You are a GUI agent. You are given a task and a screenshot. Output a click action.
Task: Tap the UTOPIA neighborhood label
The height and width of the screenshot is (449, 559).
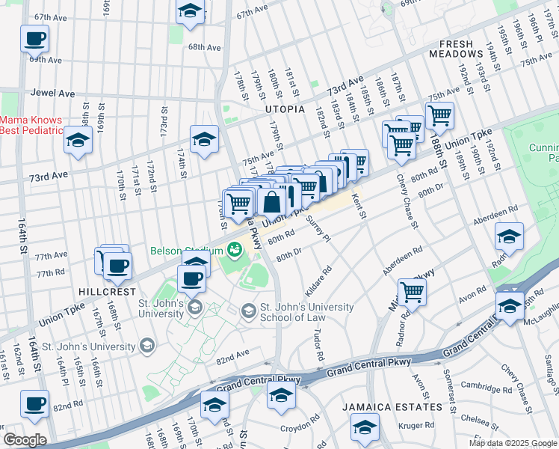coord(285,109)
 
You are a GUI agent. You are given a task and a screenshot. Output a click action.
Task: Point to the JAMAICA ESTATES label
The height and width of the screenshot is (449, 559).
coord(392,407)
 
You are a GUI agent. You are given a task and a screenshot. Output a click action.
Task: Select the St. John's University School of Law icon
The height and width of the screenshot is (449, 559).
coord(247,309)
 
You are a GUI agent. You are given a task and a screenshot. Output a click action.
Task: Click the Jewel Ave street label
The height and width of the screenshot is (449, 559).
coord(53,94)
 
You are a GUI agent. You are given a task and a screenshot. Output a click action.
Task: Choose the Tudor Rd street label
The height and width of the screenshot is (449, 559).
coord(319,345)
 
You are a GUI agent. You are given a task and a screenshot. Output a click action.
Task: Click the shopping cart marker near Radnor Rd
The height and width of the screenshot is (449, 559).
coord(412,292)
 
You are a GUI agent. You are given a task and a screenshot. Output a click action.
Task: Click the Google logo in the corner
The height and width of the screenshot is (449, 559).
coord(25,440)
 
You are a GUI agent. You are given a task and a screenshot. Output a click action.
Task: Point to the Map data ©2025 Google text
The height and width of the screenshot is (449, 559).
coord(512,443)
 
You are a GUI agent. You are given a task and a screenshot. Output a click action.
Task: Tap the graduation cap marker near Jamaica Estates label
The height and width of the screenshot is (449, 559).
coord(365,428)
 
